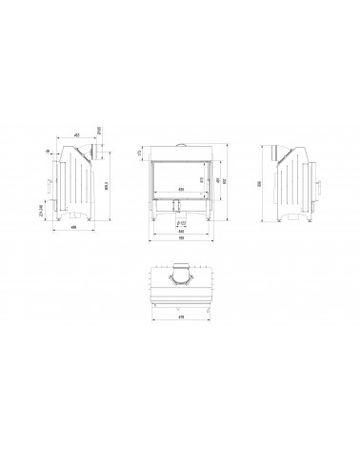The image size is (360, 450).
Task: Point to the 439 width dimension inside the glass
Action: [x=180, y=190]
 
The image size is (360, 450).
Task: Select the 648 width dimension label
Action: [x=181, y=233]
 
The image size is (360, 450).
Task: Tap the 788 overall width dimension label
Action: [x=181, y=240]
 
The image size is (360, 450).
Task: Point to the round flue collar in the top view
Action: [x=180, y=277]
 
